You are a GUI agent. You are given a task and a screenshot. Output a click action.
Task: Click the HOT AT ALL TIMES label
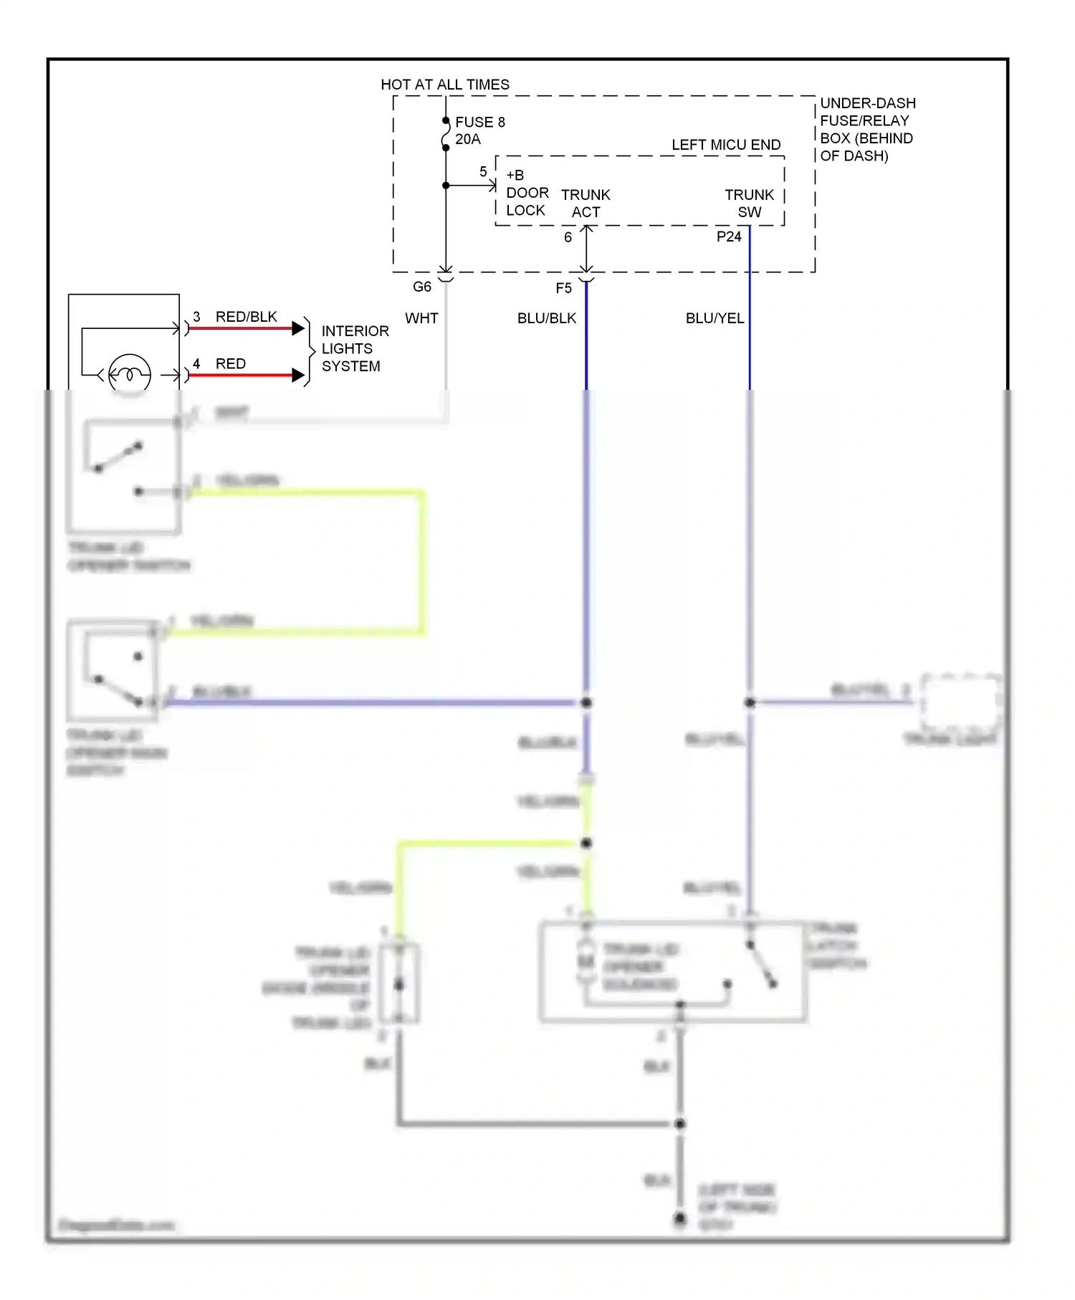444,85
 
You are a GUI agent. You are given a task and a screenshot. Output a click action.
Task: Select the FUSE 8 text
479,122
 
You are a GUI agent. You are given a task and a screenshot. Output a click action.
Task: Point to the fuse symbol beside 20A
445,135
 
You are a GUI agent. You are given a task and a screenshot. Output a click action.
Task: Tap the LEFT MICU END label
725,145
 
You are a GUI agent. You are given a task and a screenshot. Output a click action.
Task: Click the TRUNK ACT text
586,204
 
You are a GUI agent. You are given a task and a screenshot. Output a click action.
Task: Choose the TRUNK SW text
749,204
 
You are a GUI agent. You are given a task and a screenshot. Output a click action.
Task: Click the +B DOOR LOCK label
527,193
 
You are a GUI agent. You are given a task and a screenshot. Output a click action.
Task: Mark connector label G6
422,287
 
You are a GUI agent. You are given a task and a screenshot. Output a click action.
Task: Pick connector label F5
563,288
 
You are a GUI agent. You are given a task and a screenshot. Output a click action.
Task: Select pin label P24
728,236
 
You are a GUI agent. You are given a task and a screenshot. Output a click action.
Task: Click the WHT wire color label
421,318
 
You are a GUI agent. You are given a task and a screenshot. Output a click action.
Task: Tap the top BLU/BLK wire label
546,318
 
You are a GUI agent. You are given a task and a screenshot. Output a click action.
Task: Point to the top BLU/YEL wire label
715,318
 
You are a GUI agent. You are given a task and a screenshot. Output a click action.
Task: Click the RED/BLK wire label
246,317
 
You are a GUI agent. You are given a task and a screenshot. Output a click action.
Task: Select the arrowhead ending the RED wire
298,375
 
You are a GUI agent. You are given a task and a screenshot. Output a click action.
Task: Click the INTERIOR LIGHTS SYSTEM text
354,348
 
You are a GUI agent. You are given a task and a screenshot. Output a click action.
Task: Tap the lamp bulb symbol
130,374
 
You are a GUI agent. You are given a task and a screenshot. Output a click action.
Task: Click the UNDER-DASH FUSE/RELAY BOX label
867,130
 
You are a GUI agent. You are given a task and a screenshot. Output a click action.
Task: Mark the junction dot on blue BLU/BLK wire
586,702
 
